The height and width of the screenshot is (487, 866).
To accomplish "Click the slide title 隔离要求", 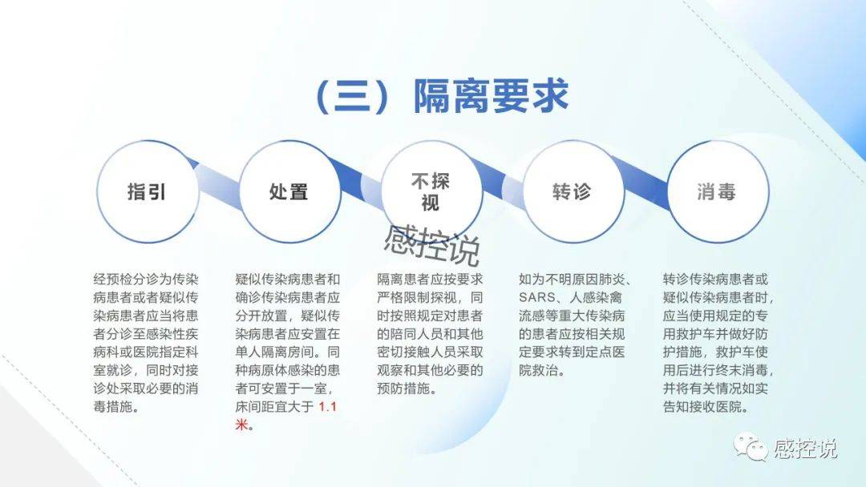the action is (x=491, y=96).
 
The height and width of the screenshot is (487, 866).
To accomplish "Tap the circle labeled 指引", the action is (x=148, y=191).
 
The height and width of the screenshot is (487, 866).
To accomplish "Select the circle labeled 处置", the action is (x=289, y=191).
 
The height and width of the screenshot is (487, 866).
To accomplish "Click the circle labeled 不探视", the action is (x=431, y=191).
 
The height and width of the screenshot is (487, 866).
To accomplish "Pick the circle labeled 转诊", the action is (x=573, y=191).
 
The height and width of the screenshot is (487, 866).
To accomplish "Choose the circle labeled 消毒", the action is (x=718, y=191).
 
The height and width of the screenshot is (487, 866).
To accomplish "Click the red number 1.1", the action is (x=327, y=407).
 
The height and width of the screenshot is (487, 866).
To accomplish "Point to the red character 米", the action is (x=242, y=425).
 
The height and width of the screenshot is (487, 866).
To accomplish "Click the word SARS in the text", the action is (x=536, y=298).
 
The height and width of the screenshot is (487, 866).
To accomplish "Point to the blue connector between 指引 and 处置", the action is (x=217, y=180).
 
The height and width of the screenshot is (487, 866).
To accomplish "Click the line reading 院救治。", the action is (x=542, y=371).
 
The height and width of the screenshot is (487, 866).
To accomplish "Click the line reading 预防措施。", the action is (x=407, y=388).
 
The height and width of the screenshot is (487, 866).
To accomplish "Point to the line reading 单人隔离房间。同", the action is (x=288, y=352).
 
